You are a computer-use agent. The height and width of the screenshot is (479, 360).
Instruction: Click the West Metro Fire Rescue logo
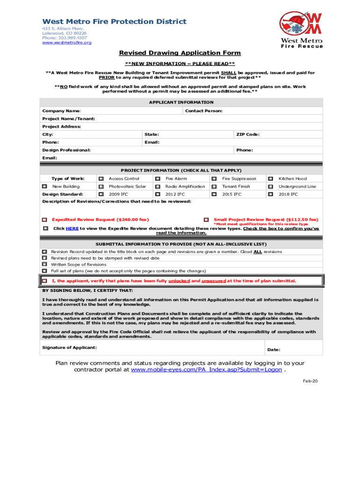coord(301,29)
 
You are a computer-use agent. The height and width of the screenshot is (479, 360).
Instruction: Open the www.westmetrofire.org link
coord(67,43)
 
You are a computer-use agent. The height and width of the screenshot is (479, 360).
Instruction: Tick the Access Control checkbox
coord(101,179)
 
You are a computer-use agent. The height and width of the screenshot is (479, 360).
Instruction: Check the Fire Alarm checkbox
coord(158,179)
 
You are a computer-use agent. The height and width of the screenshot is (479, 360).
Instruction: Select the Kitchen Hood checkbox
coord(270,179)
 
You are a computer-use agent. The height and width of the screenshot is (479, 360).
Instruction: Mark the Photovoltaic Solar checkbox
coord(101,186)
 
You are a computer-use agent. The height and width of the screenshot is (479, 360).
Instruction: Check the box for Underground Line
coord(270,186)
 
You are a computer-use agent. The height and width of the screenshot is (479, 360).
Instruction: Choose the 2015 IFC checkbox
coord(214,194)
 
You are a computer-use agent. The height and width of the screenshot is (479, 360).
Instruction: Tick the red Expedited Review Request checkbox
coord(44,219)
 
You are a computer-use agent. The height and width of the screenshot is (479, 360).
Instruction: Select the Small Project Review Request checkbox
coord(206,219)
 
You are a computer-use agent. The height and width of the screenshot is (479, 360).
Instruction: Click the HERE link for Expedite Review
coord(72,228)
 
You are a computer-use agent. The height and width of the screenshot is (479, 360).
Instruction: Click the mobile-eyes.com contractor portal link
coord(206,370)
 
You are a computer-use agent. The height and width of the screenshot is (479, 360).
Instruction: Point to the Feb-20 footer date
coord(310,381)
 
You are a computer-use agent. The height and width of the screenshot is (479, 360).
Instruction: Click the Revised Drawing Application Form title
coord(180,53)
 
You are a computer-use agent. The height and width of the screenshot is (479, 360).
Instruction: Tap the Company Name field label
coord(61,111)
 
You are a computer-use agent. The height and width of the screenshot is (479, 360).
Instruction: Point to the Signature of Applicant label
coord(70,348)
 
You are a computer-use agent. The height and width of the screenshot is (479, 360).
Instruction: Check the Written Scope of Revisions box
coord(44,264)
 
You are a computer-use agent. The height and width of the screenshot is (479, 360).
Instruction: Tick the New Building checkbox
coord(44,186)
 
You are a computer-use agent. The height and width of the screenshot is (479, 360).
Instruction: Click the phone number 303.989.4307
coord(73,38)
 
